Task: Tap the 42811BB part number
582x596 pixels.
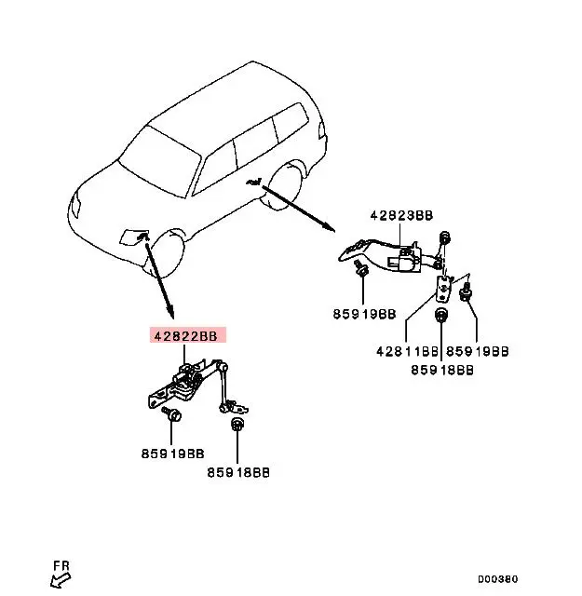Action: click(408, 351)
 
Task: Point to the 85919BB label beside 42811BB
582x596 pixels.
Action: click(477, 351)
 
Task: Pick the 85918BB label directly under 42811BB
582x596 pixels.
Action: click(442, 369)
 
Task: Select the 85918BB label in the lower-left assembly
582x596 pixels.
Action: click(238, 472)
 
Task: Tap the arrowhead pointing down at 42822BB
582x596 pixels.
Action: click(170, 311)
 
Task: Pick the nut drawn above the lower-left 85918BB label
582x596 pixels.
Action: click(237, 425)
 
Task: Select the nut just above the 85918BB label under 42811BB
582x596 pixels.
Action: click(440, 316)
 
